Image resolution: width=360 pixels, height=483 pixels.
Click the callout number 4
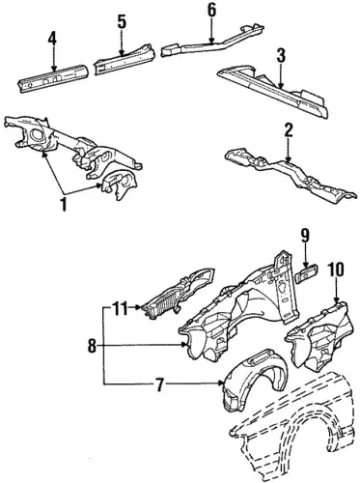click(x=52, y=40)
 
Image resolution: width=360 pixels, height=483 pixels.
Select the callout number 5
click(x=122, y=21)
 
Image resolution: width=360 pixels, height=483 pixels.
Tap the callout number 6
click(x=211, y=10)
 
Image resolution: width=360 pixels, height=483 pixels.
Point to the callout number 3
click(x=281, y=56)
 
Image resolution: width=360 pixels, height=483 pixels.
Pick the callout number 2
click(x=288, y=130)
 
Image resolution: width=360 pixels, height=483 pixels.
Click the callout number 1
click(x=64, y=204)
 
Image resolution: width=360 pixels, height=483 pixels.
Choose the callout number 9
click(x=305, y=236)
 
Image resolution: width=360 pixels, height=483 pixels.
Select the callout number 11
click(x=119, y=307)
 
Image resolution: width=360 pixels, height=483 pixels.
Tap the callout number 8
click(x=92, y=347)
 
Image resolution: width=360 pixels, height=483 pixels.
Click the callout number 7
click(x=160, y=384)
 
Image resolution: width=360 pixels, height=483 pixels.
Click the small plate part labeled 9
click(x=307, y=273)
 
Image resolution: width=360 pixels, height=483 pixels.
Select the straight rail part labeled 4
click(x=52, y=78)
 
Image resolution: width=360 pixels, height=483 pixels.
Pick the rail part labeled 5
click(x=125, y=59)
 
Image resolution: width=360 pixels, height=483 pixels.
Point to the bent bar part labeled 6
click(x=212, y=42)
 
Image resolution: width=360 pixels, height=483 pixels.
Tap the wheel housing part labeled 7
click(x=254, y=380)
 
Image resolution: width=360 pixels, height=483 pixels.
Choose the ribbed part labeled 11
click(x=178, y=294)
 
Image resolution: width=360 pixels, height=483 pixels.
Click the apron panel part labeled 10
click(x=318, y=335)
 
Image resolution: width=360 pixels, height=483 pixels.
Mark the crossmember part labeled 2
click(x=290, y=176)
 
